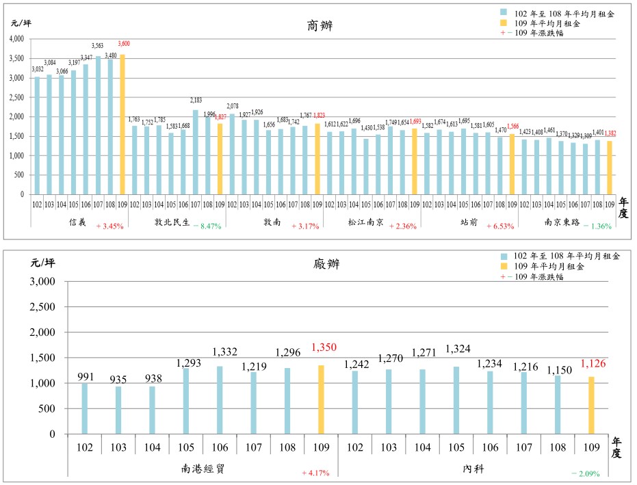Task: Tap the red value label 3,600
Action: pyautogui.click(x=124, y=44)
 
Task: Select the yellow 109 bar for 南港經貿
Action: pyautogui.click(x=321, y=399)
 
